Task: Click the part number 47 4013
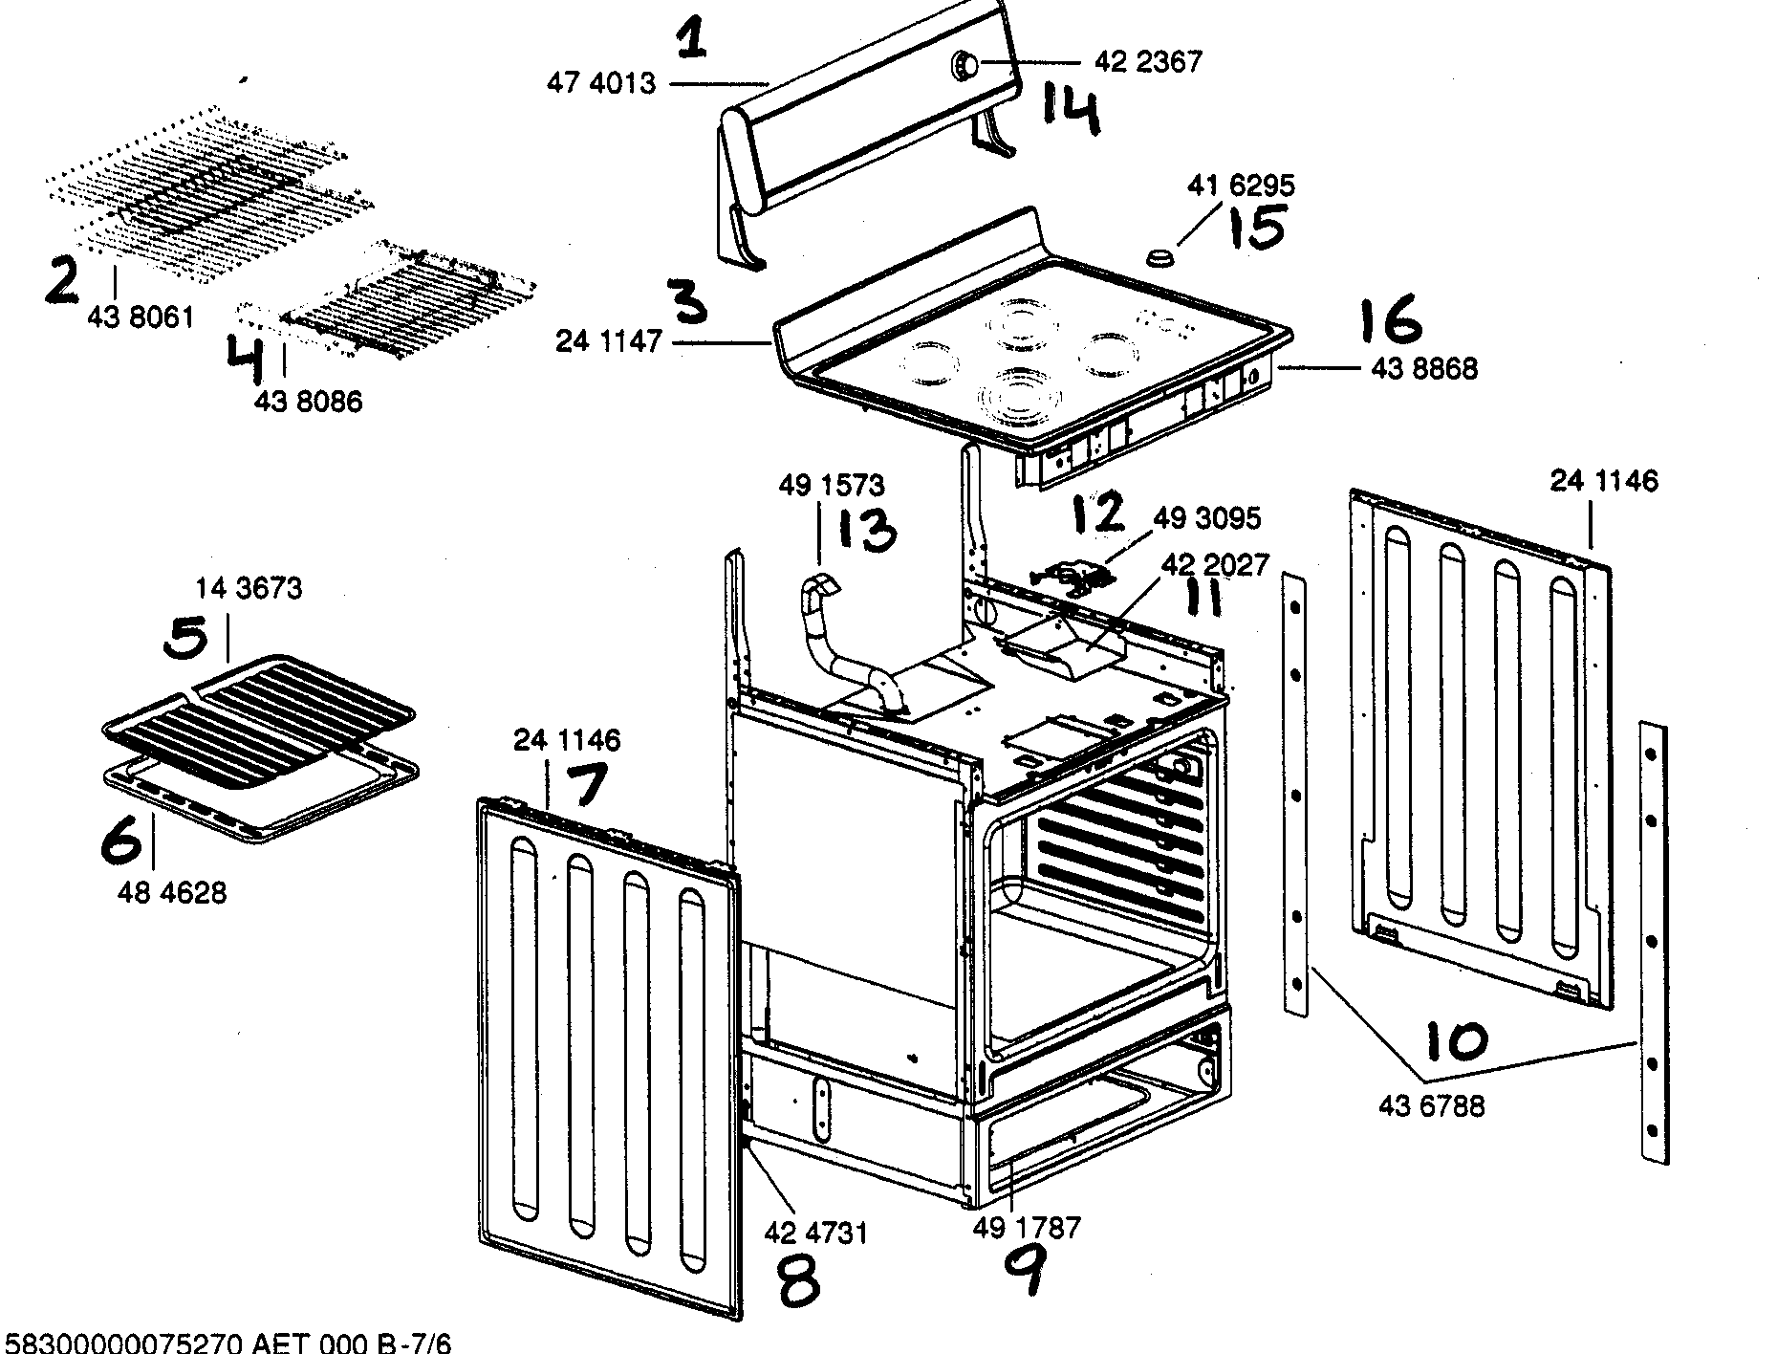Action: click(x=600, y=84)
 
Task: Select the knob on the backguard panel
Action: click(x=964, y=64)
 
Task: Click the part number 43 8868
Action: click(x=1423, y=368)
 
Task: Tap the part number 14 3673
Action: click(x=249, y=588)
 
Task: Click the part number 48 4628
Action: click(x=172, y=893)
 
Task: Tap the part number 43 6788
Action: click(x=1431, y=1106)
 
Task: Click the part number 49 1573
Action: click(x=830, y=486)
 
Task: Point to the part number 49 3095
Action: click(x=1206, y=518)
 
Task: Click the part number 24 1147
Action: click(x=609, y=340)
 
